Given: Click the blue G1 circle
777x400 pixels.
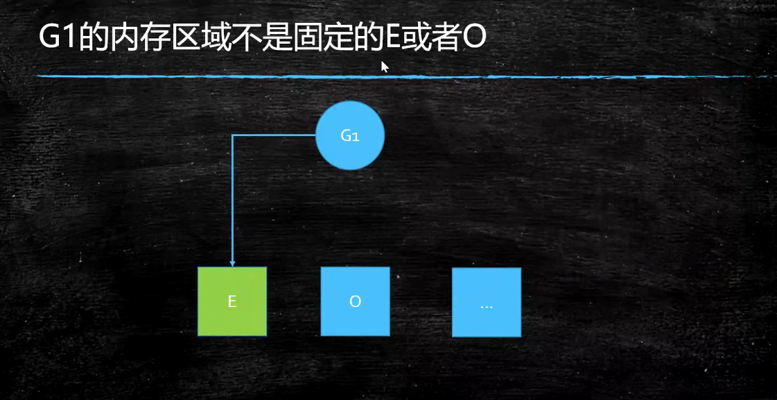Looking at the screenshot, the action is click(x=350, y=135).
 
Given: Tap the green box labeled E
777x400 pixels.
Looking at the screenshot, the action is click(x=232, y=302).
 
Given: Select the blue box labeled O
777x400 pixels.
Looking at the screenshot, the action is click(x=355, y=302).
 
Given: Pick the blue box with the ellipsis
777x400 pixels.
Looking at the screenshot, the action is click(x=486, y=303).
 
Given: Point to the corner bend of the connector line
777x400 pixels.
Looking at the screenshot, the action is click(x=232, y=136).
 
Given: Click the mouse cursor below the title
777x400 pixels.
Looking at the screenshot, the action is click(x=384, y=66).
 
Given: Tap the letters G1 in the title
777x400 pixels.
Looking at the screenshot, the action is click(x=58, y=38).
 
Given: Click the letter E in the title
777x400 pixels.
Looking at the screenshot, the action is click(x=390, y=38).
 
